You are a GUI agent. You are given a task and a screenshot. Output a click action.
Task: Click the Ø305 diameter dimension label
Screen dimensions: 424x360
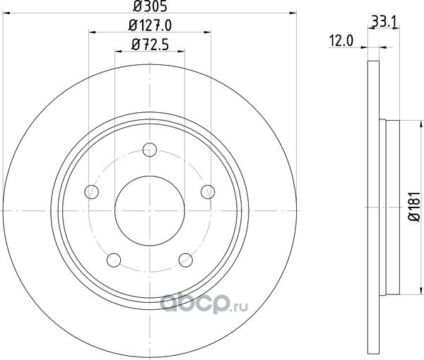150,6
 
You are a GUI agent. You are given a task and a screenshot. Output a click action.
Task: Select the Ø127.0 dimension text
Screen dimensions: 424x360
150,25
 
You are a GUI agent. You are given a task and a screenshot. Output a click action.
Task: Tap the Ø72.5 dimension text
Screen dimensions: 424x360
150,44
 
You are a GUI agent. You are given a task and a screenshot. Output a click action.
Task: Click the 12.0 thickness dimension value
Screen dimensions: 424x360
341,42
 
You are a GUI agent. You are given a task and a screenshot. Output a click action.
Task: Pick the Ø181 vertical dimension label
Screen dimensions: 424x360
414,207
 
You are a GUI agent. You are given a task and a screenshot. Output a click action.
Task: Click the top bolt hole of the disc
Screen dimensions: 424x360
150,150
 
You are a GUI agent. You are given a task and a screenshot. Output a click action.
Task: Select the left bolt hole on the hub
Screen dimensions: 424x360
92,192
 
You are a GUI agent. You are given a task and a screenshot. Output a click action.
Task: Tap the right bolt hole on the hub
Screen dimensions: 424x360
208,192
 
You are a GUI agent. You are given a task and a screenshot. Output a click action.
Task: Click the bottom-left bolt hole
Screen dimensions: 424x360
114,260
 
